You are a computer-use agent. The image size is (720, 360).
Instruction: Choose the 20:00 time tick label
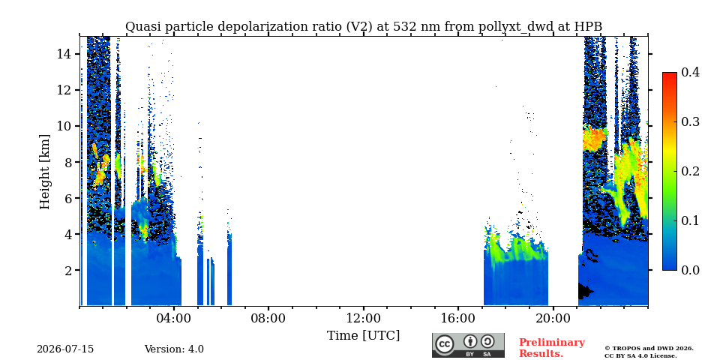[x=553, y=318]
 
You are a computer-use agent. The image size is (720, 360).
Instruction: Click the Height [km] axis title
[x=44, y=172]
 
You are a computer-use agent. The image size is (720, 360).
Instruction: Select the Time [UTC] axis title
[x=363, y=336]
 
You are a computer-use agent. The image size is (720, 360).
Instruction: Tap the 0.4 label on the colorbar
[x=691, y=72]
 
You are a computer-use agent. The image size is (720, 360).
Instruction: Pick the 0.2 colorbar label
[x=691, y=171]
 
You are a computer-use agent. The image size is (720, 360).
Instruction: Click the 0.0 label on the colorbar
[x=691, y=270]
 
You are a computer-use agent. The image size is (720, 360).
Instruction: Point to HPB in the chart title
[x=588, y=27]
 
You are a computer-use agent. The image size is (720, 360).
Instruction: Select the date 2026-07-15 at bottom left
[x=65, y=349]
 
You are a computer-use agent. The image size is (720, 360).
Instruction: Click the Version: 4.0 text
[x=174, y=349]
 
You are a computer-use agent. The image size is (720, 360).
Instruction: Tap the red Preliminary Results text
[x=552, y=348]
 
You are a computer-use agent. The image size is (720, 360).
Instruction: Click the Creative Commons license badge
[x=468, y=345]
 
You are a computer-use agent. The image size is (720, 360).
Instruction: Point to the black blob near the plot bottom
[x=584, y=291]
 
